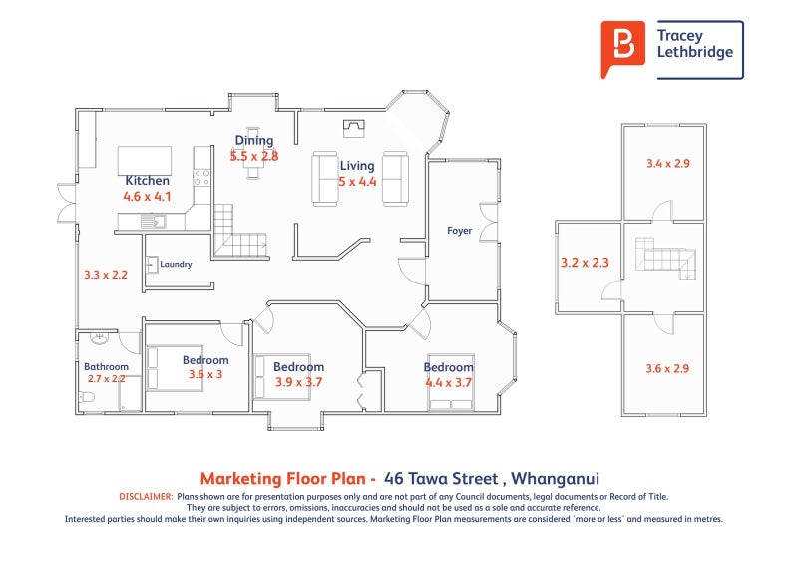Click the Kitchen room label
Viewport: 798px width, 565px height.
click(147, 181)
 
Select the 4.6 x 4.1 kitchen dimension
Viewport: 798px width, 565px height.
click(147, 196)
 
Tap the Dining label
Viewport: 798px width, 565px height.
click(254, 141)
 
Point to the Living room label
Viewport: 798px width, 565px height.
click(357, 166)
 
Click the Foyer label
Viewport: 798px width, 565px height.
click(459, 231)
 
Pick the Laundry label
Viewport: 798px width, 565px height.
click(176, 264)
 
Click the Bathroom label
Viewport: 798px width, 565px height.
click(106, 366)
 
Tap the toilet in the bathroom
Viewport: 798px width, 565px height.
click(87, 397)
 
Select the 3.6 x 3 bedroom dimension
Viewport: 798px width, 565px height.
click(205, 375)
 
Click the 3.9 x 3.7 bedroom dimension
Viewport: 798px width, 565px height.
click(298, 382)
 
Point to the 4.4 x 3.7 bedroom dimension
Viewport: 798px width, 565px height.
click(448, 382)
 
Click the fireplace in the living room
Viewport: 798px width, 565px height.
click(354, 129)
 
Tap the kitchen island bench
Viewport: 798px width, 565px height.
click(145, 161)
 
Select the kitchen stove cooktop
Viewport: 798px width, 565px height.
click(202, 178)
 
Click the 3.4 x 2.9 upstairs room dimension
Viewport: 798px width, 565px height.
click(667, 164)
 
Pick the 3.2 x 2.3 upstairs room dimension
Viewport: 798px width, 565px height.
click(585, 263)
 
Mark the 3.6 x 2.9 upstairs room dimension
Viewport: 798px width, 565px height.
click(667, 369)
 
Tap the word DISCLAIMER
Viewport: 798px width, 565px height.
click(146, 497)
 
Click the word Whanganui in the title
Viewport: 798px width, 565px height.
click(555, 479)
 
